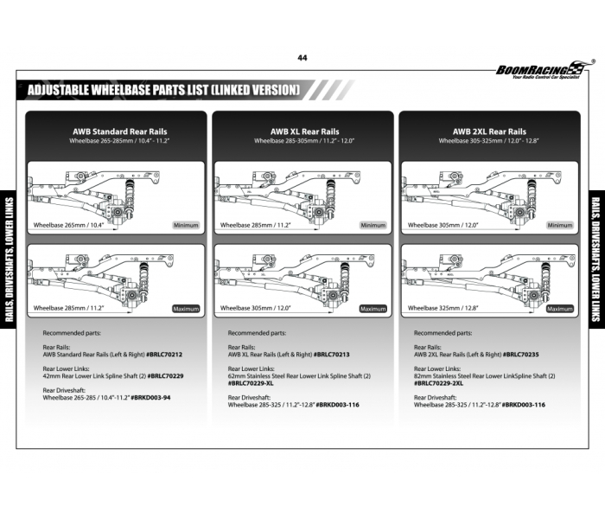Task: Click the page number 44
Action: (x=302, y=58)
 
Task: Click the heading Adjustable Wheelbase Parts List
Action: (x=163, y=90)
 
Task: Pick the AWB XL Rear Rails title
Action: (x=305, y=131)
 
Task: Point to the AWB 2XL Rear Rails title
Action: (x=489, y=131)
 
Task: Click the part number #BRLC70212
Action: (x=164, y=355)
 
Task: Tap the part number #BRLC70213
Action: (x=333, y=355)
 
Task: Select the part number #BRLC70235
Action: (x=520, y=355)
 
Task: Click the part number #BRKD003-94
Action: (x=150, y=398)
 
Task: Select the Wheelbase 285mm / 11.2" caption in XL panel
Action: (x=255, y=225)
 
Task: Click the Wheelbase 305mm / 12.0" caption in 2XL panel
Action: (x=442, y=225)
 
